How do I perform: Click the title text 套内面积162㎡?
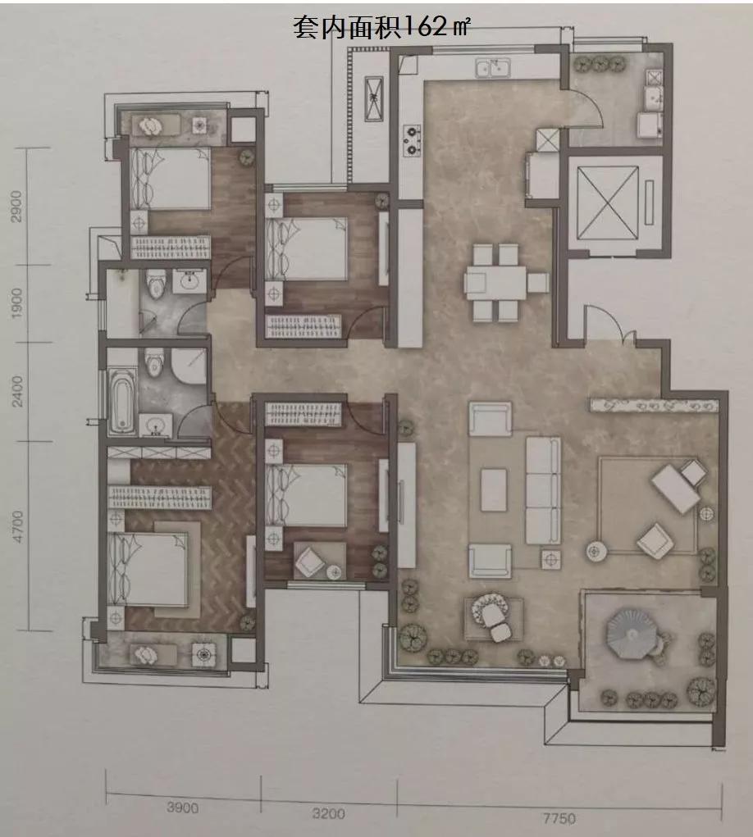pyautogui.click(x=381, y=27)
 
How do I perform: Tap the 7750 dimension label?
pyautogui.click(x=559, y=818)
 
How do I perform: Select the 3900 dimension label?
pyautogui.click(x=183, y=807)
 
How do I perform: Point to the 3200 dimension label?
pyautogui.click(x=328, y=813)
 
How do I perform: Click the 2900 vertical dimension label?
pyautogui.click(x=16, y=206)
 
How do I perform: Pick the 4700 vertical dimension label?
pyautogui.click(x=17, y=527)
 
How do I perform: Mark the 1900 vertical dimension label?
pyautogui.click(x=17, y=303)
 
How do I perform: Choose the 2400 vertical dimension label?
pyautogui.click(x=17, y=391)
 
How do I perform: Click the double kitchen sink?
pyautogui.click(x=493, y=68)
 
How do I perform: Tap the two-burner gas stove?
pyautogui.click(x=412, y=140)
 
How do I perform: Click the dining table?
pyautogui.click(x=495, y=282)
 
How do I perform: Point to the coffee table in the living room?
pyautogui.click(x=494, y=490)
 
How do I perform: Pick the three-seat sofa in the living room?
pyautogui.click(x=543, y=490)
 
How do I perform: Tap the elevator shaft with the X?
pyautogui.click(x=609, y=202)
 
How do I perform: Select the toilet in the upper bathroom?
pyautogui.click(x=155, y=284)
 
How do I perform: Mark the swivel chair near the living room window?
pyautogui.click(x=495, y=617)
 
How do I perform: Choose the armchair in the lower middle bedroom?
pyautogui.click(x=310, y=562)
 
